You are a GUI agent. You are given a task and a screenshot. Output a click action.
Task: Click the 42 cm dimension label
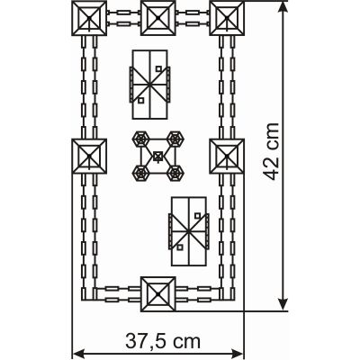click(271, 151)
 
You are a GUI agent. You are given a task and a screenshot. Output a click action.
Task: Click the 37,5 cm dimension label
click(163, 341)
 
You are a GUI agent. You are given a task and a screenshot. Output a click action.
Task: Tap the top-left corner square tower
click(89, 18)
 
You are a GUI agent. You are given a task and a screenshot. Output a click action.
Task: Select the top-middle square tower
click(158, 18)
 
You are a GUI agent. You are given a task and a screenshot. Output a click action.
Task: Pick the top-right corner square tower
click(227, 18)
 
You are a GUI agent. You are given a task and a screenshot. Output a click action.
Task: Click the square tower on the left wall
click(89, 156)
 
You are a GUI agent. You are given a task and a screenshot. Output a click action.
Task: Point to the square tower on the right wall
click(227, 156)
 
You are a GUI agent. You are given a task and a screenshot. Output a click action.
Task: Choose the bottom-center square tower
click(158, 294)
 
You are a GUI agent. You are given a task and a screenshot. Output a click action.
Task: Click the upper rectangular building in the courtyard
click(149, 85)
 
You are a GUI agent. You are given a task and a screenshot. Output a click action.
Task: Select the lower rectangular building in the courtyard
click(189, 231)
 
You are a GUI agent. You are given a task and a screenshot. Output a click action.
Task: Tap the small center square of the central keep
click(157, 156)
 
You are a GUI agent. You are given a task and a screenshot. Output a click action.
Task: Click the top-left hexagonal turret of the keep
click(140, 139)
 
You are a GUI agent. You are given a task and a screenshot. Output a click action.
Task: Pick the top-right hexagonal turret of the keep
click(175, 139)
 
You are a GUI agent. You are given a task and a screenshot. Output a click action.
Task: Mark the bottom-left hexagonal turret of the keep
click(140, 173)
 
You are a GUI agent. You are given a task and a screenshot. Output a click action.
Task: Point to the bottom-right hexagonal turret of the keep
click(175, 173)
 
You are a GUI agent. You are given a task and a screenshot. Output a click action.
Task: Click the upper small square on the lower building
click(197, 215)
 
